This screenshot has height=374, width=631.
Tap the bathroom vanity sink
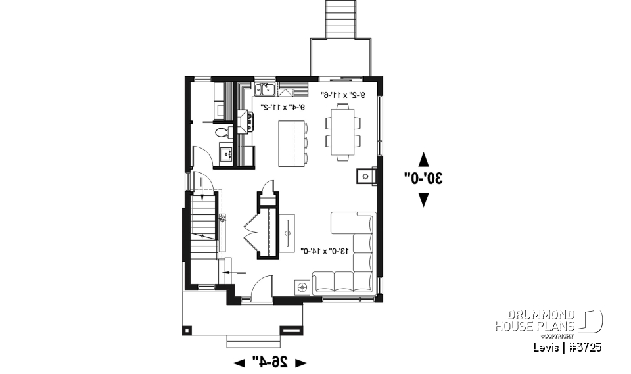coord(225,154)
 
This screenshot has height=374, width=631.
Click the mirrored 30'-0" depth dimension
coord(423,177)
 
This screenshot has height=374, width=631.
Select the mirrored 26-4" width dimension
coord(270,362)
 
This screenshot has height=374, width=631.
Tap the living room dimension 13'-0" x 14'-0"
coord(327,250)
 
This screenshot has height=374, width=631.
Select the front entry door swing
coord(261,289)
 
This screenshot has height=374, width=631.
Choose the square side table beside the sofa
coord(302,287)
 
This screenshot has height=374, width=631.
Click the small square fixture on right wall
coord(365,175)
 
